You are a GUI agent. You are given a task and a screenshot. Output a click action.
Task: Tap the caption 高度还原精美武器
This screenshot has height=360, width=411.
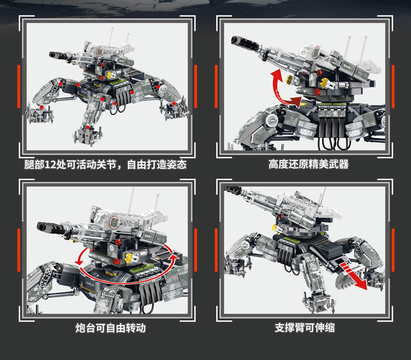[x=308, y=165]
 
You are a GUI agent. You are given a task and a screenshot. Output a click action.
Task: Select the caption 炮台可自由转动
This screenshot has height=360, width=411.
[x=110, y=328]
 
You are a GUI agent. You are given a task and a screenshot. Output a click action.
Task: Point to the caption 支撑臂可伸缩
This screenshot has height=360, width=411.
[x=305, y=328]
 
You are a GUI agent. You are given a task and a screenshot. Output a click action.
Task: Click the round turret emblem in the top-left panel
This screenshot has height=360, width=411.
[x=100, y=51]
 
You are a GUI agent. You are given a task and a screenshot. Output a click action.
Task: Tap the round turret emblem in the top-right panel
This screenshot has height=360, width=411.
[x=316, y=52]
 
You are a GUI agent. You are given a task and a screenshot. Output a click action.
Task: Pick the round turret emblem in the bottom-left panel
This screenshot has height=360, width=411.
[x=115, y=222]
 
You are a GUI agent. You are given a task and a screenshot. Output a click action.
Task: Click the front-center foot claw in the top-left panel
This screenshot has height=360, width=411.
[x=87, y=135]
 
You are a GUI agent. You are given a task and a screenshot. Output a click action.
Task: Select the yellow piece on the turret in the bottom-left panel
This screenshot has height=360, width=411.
[x=129, y=258]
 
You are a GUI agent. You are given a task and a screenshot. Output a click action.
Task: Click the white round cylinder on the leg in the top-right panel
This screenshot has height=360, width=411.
[x=271, y=120]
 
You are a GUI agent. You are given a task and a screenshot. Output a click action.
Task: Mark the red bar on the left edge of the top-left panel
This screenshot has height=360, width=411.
[x=18, y=86]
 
